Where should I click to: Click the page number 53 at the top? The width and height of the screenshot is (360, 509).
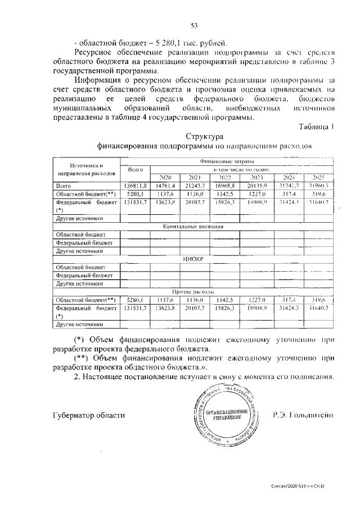coord(195,25)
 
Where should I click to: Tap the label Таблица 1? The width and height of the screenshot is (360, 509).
coord(317,127)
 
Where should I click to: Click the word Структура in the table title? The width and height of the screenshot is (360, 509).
coord(205,137)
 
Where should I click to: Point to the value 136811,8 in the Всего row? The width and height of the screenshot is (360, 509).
coord(136,186)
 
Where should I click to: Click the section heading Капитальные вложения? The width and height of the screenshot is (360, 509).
coord(193,226)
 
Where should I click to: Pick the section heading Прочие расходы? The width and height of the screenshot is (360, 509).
coord(193,292)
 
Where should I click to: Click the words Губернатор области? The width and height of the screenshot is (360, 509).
coord(87,415)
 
